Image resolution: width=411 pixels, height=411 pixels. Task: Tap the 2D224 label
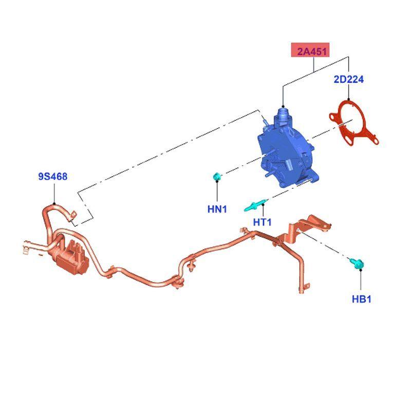tap(349, 79)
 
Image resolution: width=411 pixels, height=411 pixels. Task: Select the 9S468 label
tap(52, 177)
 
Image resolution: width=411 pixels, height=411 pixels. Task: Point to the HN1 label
tap(217, 209)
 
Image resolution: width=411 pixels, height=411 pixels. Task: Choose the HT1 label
tap(262, 222)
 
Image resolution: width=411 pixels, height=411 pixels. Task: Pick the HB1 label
tap(361, 299)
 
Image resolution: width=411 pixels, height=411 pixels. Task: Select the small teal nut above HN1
tap(217, 177)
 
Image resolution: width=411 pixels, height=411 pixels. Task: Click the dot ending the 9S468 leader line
tap(54, 203)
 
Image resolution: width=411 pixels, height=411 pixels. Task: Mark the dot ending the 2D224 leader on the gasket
tap(349, 100)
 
